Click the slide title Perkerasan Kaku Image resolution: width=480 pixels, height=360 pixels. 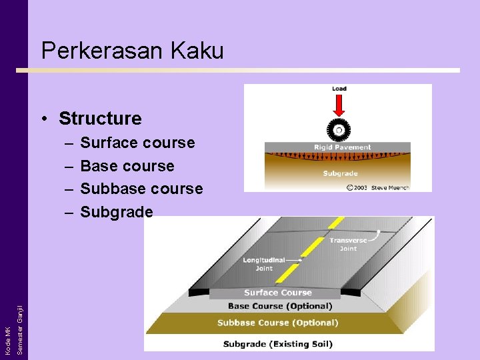(132, 51)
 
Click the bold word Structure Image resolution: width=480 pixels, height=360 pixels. (100, 119)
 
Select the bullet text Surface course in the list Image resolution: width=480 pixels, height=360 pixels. (137, 143)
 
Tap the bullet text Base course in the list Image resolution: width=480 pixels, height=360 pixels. (127, 166)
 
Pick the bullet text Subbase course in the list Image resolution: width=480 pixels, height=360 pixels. (141, 189)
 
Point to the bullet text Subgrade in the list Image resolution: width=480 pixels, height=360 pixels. (117, 212)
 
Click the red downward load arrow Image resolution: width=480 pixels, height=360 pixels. (339, 105)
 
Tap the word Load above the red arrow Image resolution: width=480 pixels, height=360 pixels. (339, 89)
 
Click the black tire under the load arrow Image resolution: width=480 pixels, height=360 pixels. (339, 129)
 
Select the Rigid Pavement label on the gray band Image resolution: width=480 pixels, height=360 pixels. (342, 147)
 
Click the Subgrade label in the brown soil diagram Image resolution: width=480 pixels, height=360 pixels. (341, 173)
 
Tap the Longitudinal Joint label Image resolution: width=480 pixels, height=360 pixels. (264, 264)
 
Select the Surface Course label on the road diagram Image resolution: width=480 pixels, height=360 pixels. (278, 293)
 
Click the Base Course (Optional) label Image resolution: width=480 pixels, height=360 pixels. (280, 306)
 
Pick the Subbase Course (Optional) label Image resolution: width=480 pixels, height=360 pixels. (277, 323)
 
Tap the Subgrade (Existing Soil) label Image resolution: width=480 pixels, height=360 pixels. (277, 344)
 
